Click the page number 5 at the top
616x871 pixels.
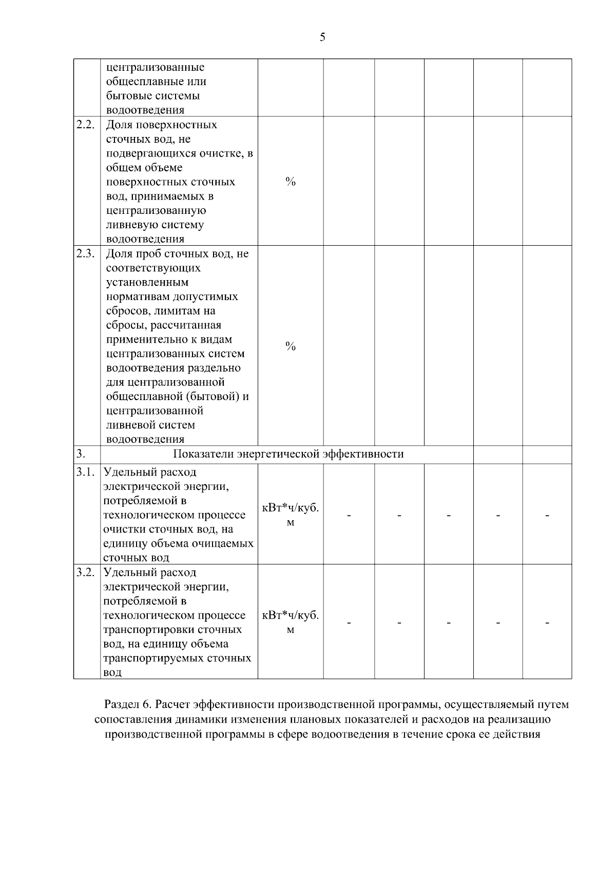pyautogui.click(x=322, y=37)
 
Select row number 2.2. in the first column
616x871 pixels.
pyautogui.click(x=86, y=125)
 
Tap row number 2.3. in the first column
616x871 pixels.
pyautogui.click(x=86, y=253)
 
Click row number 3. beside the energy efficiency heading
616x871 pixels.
pyautogui.click(x=81, y=454)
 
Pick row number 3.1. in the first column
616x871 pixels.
pyautogui.click(x=86, y=472)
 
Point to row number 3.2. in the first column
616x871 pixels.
pyautogui.click(x=86, y=572)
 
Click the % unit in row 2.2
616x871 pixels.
pyautogui.click(x=291, y=182)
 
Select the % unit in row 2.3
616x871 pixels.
pyautogui.click(x=291, y=347)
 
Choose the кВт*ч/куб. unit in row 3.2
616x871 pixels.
pyautogui.click(x=291, y=616)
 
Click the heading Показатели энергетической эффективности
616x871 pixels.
pyautogui.click(x=288, y=454)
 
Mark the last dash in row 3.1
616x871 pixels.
pyautogui.click(x=547, y=515)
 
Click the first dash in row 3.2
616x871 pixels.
pyautogui.click(x=349, y=623)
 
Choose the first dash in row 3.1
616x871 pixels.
pyautogui.click(x=349, y=515)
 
